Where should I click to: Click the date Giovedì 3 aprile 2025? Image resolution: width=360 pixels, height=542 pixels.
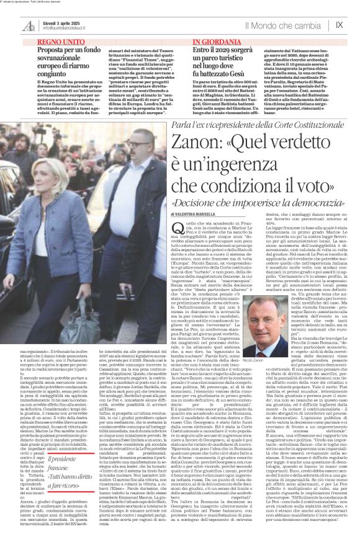coord(60,22)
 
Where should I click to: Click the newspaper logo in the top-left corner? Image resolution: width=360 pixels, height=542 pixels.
coord(29,25)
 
